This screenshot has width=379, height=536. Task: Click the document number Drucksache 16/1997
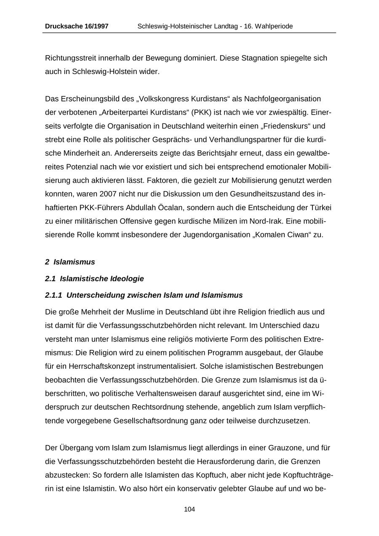coord(77,26)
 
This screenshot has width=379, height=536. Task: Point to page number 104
coord(189,509)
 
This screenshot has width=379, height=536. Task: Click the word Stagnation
coord(258,58)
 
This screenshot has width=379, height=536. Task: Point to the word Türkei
coord(320,208)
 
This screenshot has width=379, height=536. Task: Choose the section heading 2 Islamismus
coord(70,262)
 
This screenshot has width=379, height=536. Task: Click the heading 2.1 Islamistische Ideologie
coord(94,279)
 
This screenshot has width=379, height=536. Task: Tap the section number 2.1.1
coord(53,295)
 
